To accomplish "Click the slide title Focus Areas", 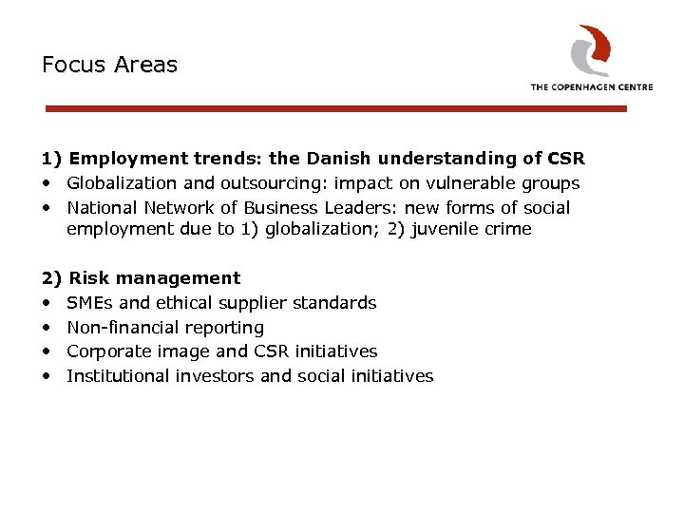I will tap(109, 66).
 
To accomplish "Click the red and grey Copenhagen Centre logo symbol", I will tap(590, 49).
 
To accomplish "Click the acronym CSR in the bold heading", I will tap(566, 159).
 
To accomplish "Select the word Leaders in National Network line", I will tap(362, 208).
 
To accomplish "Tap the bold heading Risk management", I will tap(155, 278).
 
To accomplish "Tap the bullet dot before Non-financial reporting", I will tap(47, 328).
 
